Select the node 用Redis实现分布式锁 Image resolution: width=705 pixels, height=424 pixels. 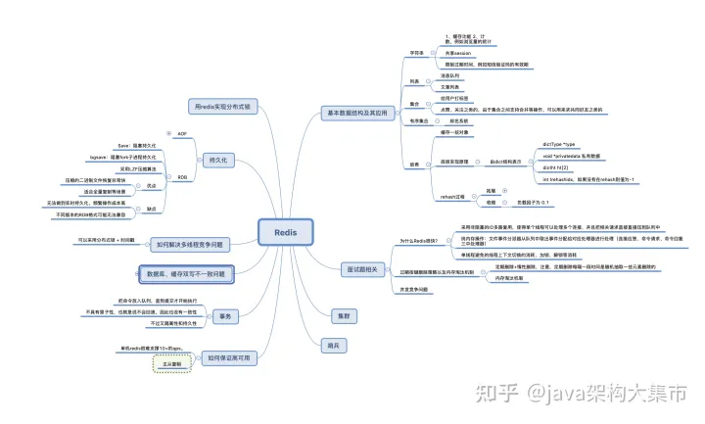[218, 105]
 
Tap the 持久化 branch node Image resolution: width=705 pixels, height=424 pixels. [218, 159]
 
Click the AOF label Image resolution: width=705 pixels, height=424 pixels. [182, 133]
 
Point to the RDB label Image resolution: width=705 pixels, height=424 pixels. [182, 176]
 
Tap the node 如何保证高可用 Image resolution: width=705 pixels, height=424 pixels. [227, 359]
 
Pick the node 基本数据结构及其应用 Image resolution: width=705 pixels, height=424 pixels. [357, 114]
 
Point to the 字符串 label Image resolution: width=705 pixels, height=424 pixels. [416, 52]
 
